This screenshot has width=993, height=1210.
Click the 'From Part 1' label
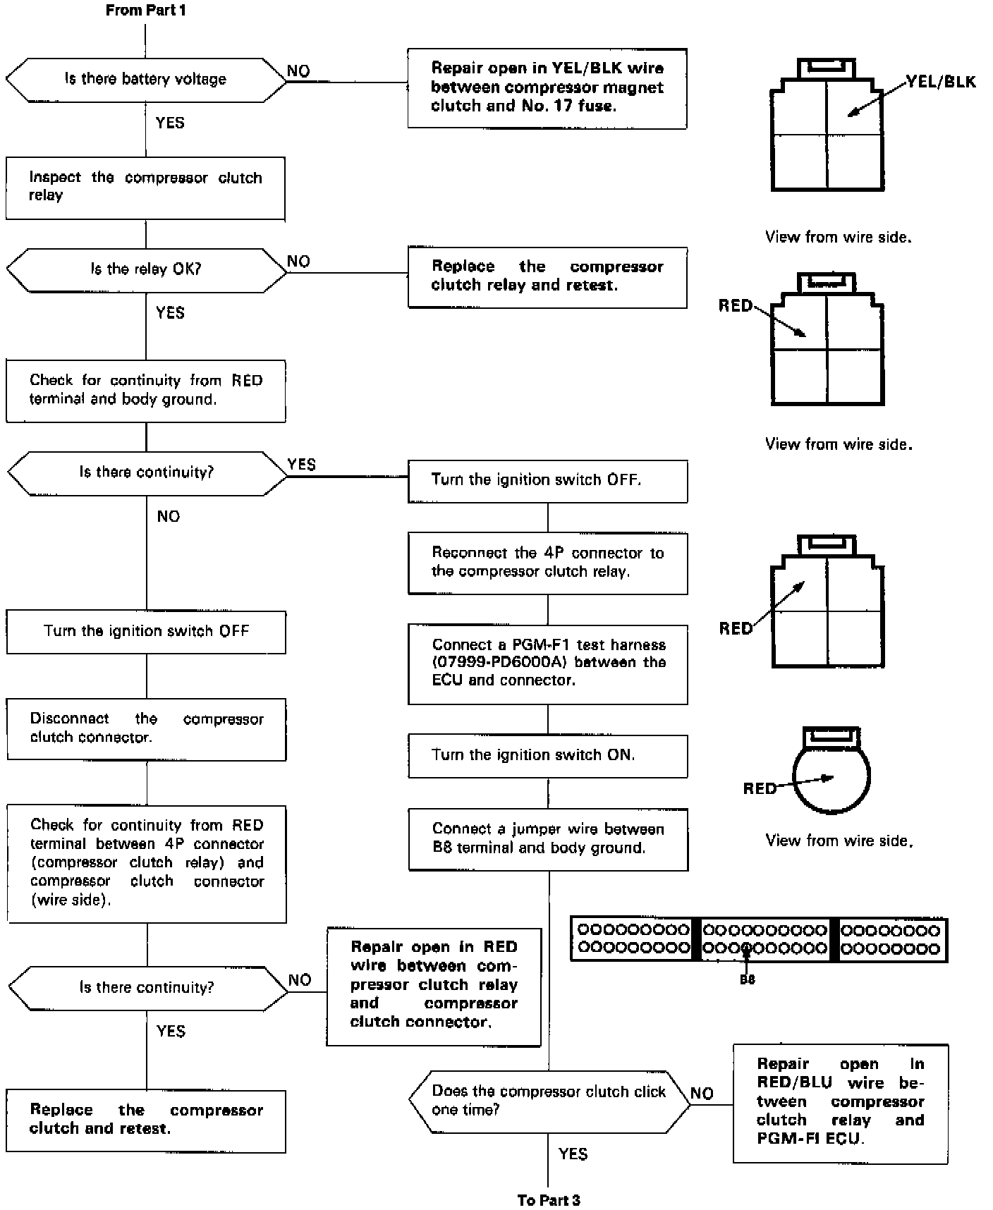tap(145, 11)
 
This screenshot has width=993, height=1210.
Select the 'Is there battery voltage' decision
tap(146, 79)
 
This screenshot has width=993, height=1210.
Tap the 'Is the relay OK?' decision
tap(146, 269)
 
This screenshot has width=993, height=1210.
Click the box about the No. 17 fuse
tap(547, 88)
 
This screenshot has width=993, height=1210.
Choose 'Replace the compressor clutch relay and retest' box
tap(547, 276)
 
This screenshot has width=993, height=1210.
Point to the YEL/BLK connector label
tap(941, 82)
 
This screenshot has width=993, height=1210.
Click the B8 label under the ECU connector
tap(747, 979)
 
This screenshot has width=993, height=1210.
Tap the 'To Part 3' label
tap(548, 1200)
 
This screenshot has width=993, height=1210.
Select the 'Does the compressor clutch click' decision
tap(549, 1101)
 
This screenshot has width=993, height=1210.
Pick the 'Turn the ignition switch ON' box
tap(547, 756)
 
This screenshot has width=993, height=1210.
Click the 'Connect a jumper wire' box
tap(548, 838)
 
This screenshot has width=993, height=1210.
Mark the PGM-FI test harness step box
tap(548, 664)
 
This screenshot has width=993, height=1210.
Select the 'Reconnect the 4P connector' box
tap(547, 563)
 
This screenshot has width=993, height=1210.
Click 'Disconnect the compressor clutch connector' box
tap(146, 728)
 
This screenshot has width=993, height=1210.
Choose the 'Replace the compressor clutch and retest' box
tap(146, 1120)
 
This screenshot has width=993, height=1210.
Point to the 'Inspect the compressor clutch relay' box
tap(145, 188)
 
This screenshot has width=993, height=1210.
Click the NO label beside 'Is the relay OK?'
tap(298, 262)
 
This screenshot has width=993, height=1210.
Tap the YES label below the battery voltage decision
tap(170, 123)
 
